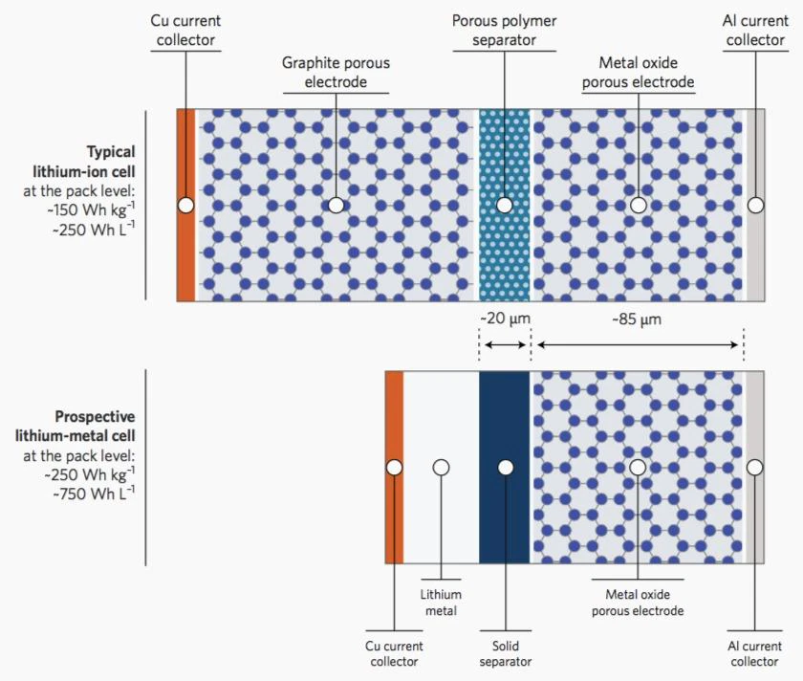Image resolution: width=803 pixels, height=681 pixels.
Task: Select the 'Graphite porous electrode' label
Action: pos(336,73)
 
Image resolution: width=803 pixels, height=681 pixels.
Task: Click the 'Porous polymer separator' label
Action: pos(505,31)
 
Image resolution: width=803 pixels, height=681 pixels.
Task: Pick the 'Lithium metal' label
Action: pos(441,602)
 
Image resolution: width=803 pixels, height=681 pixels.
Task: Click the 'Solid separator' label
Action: pos(504,653)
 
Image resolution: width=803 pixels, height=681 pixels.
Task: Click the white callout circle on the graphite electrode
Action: pos(336,205)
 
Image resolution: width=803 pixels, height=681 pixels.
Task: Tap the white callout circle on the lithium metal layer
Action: pos(441,468)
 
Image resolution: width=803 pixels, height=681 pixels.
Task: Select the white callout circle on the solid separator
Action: pos(505,468)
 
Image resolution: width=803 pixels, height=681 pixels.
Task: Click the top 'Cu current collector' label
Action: pos(184,31)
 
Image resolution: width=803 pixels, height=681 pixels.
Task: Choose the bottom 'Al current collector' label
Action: pos(754,653)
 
